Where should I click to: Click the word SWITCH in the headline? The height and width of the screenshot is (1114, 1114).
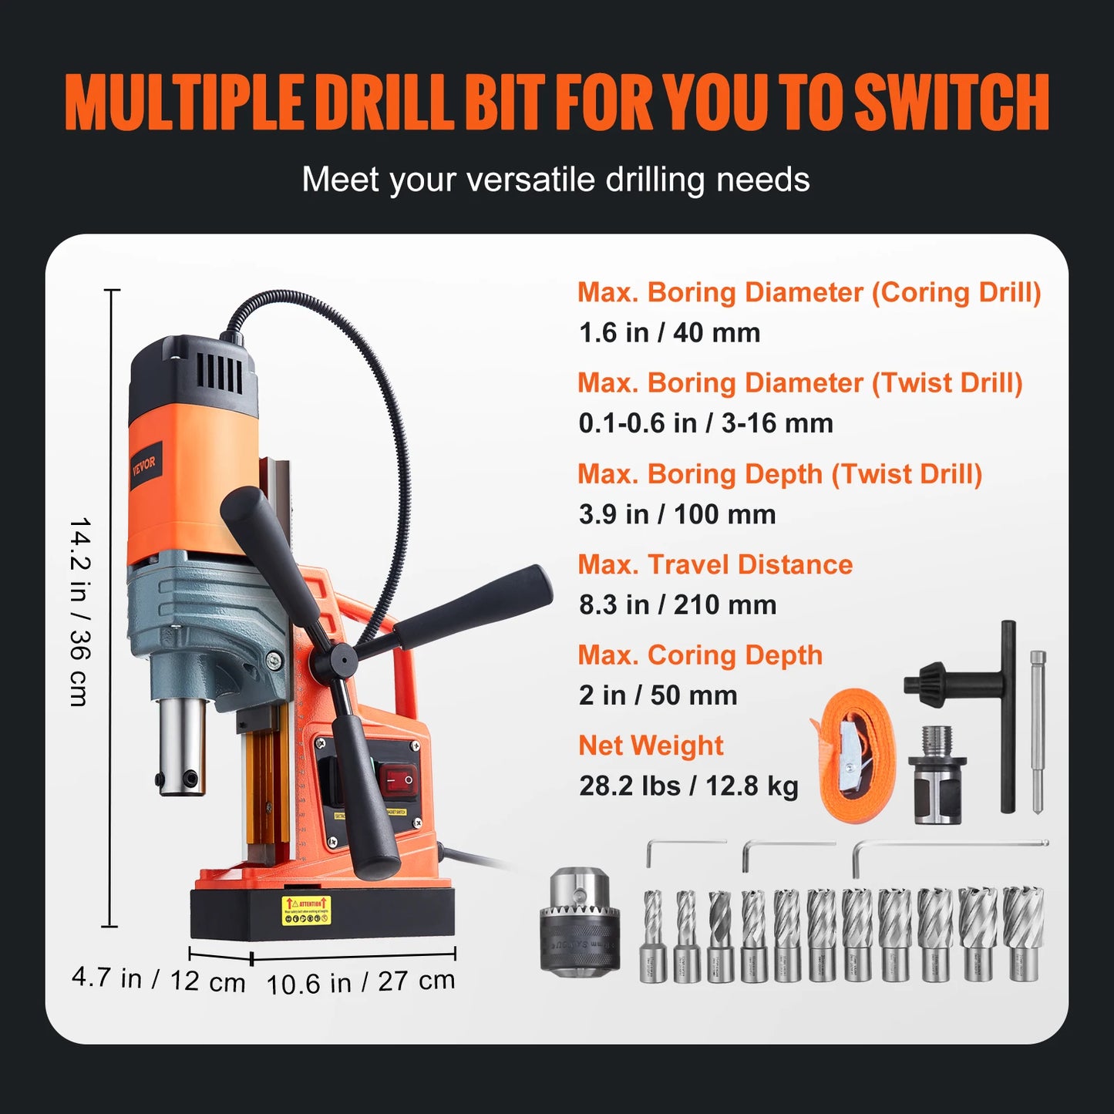tap(952, 103)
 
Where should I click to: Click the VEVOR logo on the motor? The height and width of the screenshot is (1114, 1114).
tap(143, 465)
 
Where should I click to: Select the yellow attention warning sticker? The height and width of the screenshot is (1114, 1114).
tap(306, 910)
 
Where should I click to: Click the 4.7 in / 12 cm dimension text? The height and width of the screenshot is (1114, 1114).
tap(159, 979)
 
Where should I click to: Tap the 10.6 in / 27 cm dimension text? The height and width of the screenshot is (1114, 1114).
tap(361, 981)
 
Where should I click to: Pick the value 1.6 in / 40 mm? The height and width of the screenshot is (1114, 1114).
tap(669, 333)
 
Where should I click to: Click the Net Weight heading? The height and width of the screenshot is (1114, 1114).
tap(651, 745)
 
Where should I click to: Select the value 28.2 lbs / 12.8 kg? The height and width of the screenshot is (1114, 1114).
tap(688, 786)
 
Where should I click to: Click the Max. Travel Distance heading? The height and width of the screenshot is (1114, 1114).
tap(715, 564)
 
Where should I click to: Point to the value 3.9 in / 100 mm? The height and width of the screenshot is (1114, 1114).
tap(677, 514)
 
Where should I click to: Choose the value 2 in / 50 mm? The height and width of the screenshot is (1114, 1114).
tap(658, 695)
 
